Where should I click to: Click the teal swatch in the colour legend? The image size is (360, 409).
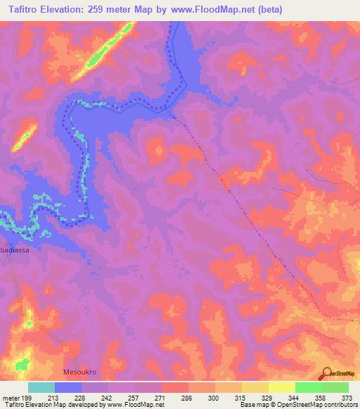pyautogui.click(x=41, y=387)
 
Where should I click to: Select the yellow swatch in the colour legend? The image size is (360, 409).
pyautogui.click(x=255, y=387)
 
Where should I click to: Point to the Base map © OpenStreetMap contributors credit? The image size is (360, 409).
pyautogui.click(x=297, y=405)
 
